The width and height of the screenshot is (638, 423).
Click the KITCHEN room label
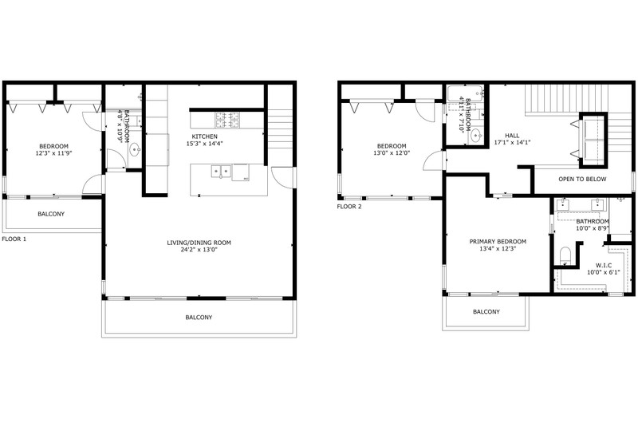[x=205, y=136]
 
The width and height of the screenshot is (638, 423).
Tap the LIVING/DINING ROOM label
[x=199, y=243]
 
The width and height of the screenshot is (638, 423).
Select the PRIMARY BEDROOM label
[x=498, y=241]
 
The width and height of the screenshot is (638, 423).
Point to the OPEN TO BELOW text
[x=582, y=179]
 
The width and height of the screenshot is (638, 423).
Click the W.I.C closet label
[x=603, y=266]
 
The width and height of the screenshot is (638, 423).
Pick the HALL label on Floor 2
[x=512, y=136]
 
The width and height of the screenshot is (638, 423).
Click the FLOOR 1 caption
[x=14, y=239]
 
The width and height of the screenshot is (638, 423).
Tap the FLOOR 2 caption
[x=349, y=207]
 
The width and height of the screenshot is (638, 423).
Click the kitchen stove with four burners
[x=227, y=120]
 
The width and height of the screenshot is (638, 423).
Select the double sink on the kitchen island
[x=221, y=172]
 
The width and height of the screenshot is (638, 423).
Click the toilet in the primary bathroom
[x=565, y=255]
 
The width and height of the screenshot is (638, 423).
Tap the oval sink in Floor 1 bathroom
[x=135, y=150]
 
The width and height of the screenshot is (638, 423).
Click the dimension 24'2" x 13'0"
[x=199, y=250]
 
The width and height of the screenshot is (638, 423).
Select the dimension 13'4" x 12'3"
[x=498, y=248]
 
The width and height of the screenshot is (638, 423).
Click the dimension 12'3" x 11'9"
[x=53, y=153]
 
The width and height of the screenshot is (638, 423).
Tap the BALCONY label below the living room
[x=199, y=317]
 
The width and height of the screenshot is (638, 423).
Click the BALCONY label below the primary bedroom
[x=486, y=311]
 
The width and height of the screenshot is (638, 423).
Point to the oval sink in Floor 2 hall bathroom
[x=476, y=136]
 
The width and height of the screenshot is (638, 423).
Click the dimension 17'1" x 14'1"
[x=512, y=143]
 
